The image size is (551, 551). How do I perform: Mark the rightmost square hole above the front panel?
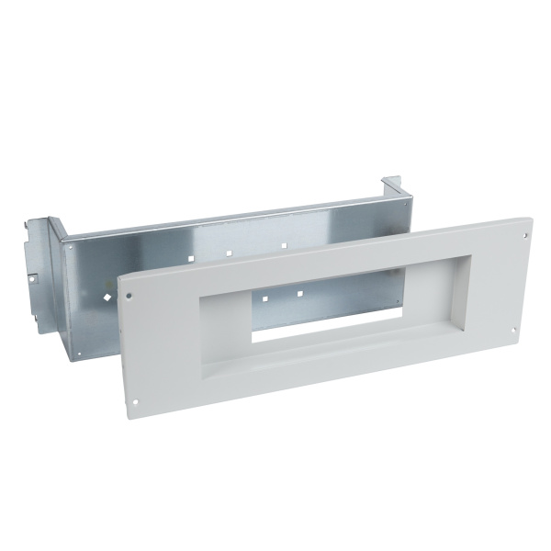(x=284, y=246)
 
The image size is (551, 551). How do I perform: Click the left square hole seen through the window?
(x=263, y=299)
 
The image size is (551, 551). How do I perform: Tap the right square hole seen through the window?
(x=299, y=294)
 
